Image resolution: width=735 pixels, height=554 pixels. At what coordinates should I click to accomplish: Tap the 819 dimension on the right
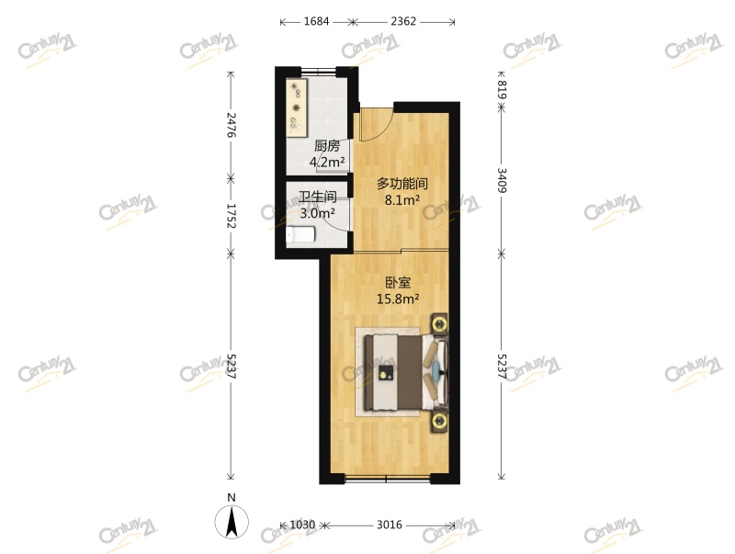[x=502, y=89]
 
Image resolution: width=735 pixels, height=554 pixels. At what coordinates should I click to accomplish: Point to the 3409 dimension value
[x=502, y=177]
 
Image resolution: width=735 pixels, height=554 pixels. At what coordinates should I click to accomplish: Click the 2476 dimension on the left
[x=232, y=125]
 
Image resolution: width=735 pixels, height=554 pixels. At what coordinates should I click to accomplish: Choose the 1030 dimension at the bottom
[x=302, y=525]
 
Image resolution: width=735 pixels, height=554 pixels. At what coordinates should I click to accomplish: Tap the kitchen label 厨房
[x=327, y=146]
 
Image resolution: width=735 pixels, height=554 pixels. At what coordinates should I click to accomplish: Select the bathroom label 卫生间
[x=316, y=197]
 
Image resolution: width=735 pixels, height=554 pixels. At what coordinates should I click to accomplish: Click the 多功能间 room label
[x=402, y=183]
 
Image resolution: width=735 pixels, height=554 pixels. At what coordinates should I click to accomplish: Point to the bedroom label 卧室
[x=398, y=282]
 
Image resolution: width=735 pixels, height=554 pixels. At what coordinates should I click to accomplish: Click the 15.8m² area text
[x=398, y=298]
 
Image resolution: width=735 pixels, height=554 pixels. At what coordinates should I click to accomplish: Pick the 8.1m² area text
[x=402, y=199]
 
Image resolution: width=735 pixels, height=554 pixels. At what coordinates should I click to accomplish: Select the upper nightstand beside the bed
[x=439, y=322]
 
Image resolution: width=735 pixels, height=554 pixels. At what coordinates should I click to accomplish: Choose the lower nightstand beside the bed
[x=439, y=422]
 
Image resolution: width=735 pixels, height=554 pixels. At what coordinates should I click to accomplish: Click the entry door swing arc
[x=377, y=125]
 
